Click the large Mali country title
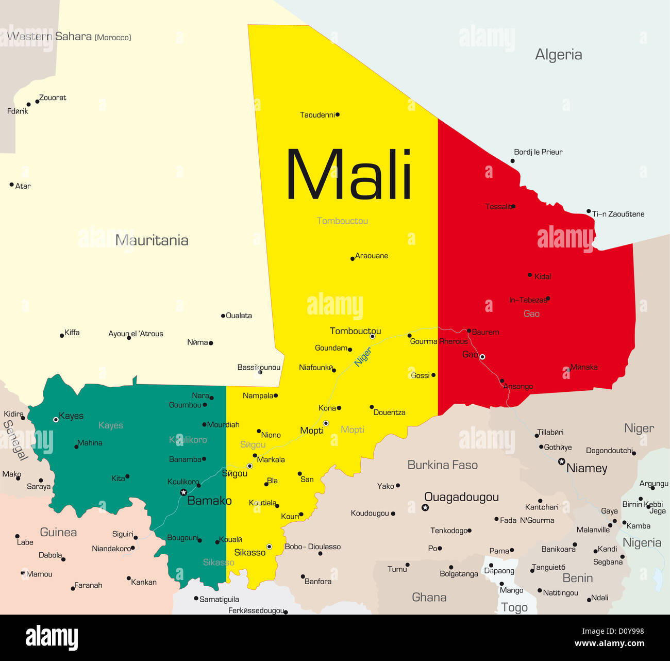[x=349, y=174]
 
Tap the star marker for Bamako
[x=183, y=492]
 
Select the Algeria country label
[x=558, y=55]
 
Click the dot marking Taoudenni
[x=338, y=114]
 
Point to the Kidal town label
[x=543, y=277]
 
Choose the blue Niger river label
[x=363, y=357]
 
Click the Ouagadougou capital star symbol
[x=425, y=508]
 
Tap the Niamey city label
[x=587, y=468]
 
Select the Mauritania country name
[x=152, y=240]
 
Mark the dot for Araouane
[x=353, y=259]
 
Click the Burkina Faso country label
[x=442, y=465]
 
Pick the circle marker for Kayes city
[x=56, y=420]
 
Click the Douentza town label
[x=389, y=412]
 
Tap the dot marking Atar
[x=11, y=185]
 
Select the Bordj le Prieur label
[x=538, y=152]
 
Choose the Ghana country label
[x=429, y=598]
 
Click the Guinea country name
[x=58, y=532]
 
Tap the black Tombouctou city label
[x=355, y=331]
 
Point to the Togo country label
[x=514, y=607]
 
